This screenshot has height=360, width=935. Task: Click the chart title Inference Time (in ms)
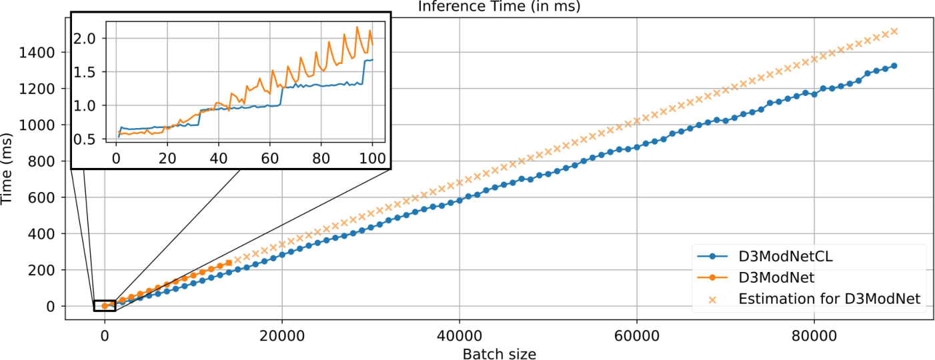click(x=499, y=6)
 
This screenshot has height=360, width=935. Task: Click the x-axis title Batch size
click(x=500, y=354)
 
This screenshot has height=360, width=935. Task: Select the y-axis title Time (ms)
click(x=6, y=169)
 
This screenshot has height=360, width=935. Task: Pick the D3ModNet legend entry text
click(x=776, y=277)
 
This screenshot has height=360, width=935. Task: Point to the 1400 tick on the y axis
click(x=37, y=53)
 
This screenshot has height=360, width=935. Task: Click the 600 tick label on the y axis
click(x=41, y=197)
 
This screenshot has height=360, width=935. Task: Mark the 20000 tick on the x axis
click(x=281, y=335)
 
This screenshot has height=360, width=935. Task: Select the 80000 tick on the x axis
click(x=814, y=335)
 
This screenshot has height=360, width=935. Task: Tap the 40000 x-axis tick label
click(x=459, y=335)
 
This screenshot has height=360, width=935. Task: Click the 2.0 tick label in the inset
click(x=85, y=39)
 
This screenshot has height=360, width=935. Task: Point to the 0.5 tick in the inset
click(x=85, y=139)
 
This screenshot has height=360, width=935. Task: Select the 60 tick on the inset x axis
click(x=269, y=159)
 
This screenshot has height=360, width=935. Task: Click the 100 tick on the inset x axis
click(x=372, y=159)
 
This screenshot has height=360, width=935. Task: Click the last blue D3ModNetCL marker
click(x=894, y=65)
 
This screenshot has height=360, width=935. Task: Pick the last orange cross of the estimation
click(x=894, y=31)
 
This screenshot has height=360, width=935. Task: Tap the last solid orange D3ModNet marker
click(x=229, y=263)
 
